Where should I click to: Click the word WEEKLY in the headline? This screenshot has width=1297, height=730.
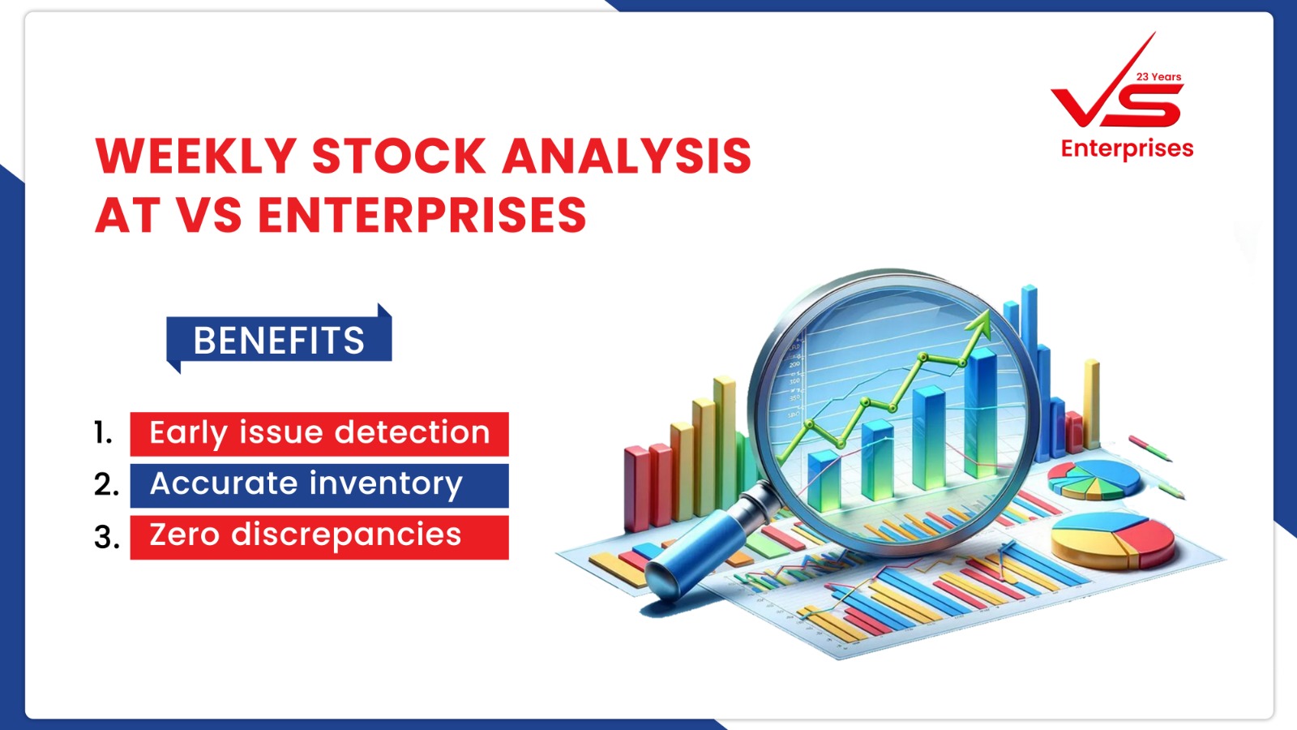196,156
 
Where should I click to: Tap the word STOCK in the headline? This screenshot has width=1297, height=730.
399,156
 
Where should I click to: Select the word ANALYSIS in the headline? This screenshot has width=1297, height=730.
627,156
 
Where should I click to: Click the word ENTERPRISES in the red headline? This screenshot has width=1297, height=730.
422,214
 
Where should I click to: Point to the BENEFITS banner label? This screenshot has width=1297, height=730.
279,340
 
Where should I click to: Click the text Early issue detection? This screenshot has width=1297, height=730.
319,433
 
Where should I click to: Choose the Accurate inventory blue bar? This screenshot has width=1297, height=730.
319,486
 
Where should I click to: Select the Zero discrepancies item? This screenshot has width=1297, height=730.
319,537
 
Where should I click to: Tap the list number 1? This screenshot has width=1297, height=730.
103,433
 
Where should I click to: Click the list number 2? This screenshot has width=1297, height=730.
106,484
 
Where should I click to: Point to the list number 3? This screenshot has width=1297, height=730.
107,536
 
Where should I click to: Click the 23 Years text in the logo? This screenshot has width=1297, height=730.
1158,76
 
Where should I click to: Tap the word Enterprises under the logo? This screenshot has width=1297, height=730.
1127,149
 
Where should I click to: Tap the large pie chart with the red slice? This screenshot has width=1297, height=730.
1112,540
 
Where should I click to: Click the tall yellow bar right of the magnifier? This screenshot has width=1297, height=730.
1091,404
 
